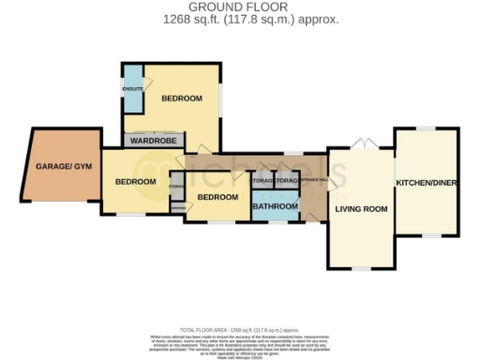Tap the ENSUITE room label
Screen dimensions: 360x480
point(132,89)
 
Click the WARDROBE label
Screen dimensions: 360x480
point(154,141)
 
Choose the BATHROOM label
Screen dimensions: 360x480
point(275,205)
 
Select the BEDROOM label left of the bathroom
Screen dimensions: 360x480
point(215,198)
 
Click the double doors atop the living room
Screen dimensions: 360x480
point(359,144)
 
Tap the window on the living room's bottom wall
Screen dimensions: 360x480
point(359,268)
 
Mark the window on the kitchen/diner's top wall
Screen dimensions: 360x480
point(427,127)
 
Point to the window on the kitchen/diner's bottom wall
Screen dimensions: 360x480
point(427,235)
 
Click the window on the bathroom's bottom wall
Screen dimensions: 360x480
point(275,222)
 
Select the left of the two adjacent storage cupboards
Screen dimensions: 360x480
point(262,180)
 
